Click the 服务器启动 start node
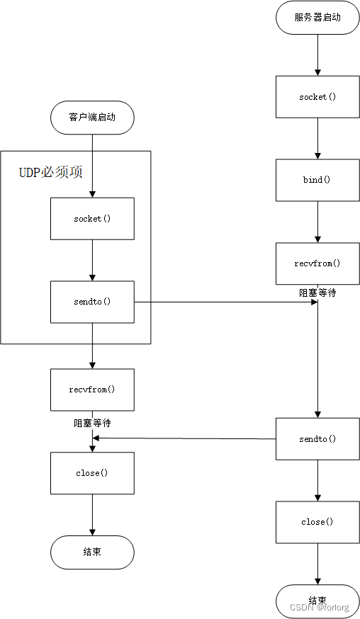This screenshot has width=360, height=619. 317,17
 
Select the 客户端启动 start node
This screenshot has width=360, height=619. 92,118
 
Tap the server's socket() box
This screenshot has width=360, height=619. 317,97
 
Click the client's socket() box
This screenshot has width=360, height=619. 92,219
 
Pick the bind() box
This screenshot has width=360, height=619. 317,180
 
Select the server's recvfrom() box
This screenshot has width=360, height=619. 317,263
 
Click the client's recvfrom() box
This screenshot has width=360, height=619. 92,390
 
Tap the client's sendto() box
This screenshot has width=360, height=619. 92,302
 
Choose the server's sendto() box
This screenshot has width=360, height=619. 317,439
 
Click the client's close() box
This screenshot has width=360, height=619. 92,473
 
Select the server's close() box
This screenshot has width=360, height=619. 317,522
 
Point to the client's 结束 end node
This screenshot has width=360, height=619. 92,552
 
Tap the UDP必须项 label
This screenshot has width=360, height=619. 50,172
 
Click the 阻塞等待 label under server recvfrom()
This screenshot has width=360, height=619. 317,292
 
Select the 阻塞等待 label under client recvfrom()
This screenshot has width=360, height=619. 92,422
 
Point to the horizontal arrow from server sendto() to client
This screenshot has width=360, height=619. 184,438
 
